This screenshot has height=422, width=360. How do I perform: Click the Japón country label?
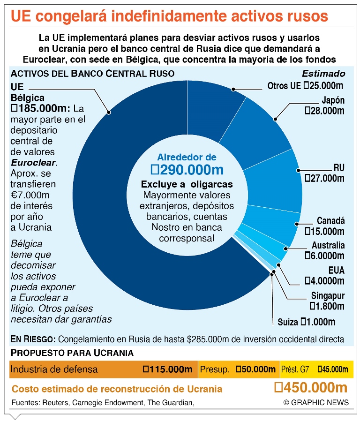333,100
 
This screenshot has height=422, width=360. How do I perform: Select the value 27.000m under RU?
324,178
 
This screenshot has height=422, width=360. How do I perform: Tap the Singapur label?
328,296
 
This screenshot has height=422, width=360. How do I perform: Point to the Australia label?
328,245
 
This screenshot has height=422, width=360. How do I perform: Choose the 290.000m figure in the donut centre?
187,169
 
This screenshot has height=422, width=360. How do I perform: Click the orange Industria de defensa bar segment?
103,369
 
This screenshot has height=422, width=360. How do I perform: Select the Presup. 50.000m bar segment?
238,369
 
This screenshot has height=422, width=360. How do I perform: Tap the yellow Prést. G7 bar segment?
316,369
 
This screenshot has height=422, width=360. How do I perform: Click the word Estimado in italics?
323,74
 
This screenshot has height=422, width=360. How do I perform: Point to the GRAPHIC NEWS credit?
316,402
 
